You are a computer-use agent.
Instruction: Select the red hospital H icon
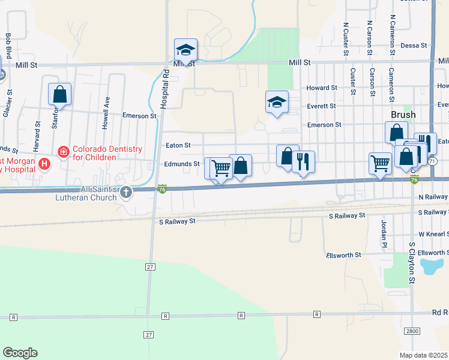coord(43,163)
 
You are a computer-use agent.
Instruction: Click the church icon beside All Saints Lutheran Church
coord(125,192)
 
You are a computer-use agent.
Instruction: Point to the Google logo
coord(20,353)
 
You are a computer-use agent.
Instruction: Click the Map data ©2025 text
coord(423,355)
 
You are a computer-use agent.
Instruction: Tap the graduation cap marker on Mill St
coord(185,50)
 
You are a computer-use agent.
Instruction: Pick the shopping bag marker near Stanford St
coord(59,94)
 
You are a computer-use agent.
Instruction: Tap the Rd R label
coord(439,312)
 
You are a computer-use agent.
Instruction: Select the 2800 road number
coord(411,331)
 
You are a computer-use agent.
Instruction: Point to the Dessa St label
coord(413,45)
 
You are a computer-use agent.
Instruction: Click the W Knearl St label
coord(433,233)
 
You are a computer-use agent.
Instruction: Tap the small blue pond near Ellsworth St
coord(432,265)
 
